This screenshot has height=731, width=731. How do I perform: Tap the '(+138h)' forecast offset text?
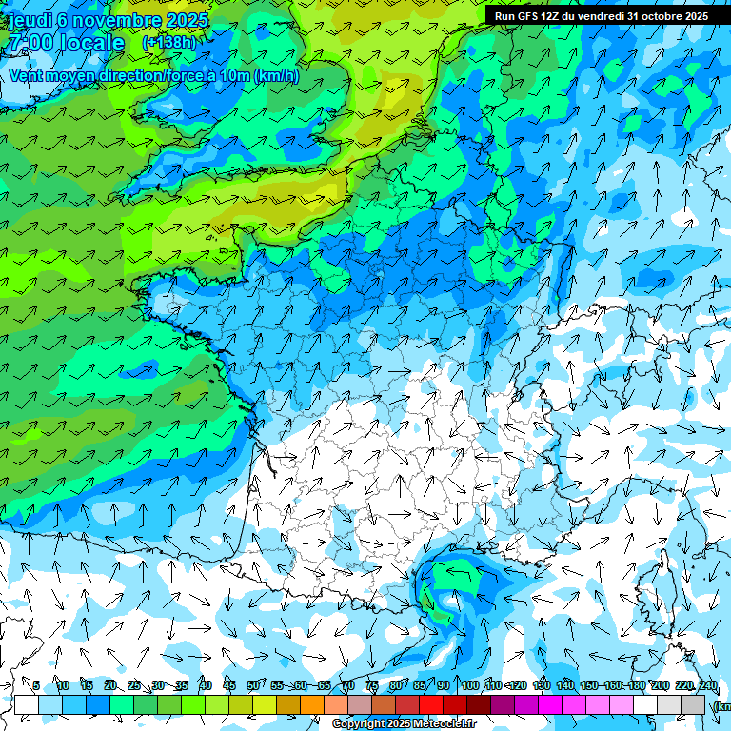tap(168, 43)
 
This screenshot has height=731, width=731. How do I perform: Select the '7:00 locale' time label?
tap(67, 44)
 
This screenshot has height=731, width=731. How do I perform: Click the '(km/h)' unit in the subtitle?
tap(277, 76)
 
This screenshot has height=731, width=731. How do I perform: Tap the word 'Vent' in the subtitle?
tap(27, 76)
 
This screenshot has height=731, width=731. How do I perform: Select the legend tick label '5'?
tap(36, 686)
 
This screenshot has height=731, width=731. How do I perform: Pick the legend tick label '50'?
tap(252, 686)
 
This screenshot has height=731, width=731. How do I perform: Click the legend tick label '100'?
tap(469, 686)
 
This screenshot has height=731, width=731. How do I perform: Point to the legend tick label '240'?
tap(707, 686)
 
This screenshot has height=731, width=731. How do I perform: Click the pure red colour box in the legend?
tap(431, 704)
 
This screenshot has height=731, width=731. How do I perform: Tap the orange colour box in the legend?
tap(312, 704)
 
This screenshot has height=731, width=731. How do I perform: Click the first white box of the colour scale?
tap(27, 704)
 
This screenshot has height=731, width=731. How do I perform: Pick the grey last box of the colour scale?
tap(693, 704)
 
